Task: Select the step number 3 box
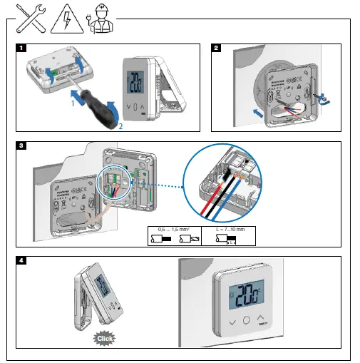point(22,145)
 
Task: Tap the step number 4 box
point(22,260)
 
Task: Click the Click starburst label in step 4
point(106,340)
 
